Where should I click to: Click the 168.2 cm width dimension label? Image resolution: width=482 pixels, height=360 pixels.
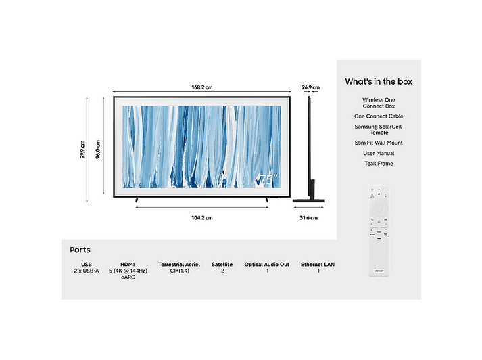(x=202, y=87)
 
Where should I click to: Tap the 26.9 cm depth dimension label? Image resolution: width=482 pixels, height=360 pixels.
(x=311, y=87)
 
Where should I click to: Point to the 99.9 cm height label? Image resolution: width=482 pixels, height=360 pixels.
(x=82, y=150)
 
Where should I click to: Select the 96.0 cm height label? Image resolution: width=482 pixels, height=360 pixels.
(x=98, y=150)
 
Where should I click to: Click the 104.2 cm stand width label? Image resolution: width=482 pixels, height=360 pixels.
(x=202, y=218)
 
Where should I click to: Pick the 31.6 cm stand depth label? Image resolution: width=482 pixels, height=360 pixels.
(x=309, y=218)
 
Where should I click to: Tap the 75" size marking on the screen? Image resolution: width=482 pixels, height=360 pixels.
(x=267, y=180)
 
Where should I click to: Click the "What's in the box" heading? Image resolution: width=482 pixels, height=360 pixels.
(x=379, y=81)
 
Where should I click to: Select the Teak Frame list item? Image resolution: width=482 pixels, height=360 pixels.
(x=379, y=164)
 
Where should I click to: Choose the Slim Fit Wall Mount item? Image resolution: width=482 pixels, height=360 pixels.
(x=379, y=143)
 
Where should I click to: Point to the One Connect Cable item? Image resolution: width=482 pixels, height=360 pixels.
(x=379, y=116)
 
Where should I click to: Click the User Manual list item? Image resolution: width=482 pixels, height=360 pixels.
(x=379, y=153)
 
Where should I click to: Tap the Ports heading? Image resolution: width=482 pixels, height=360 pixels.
(x=80, y=250)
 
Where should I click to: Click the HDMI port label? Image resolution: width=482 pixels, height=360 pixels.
(x=128, y=265)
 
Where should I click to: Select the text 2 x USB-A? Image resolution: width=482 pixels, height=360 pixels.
(x=87, y=271)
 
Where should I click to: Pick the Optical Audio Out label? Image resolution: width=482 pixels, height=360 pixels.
(x=267, y=265)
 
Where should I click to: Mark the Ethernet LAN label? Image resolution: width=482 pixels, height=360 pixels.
(x=318, y=265)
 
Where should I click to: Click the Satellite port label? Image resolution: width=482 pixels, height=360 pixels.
(x=222, y=265)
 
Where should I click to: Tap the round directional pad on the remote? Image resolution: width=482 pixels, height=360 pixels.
(x=379, y=207)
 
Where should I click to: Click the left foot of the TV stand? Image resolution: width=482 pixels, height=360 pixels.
(x=137, y=200)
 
